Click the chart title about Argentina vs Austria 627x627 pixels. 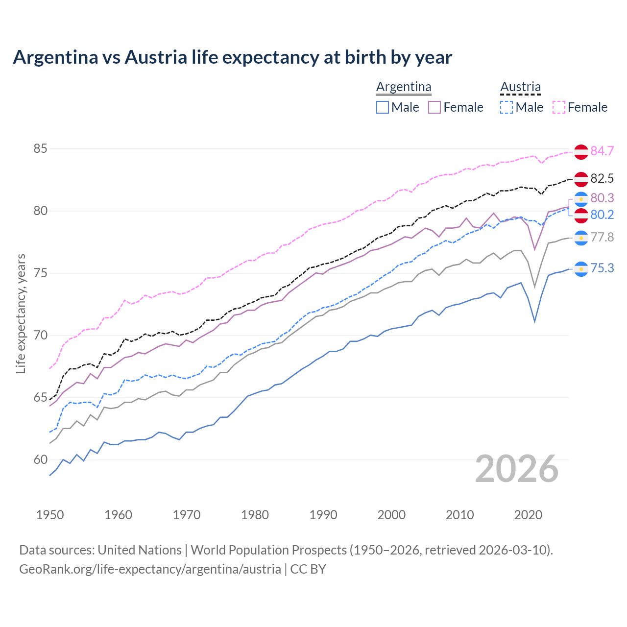[x=232, y=57]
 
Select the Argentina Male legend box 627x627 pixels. [x=383, y=107]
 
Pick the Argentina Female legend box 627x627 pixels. [x=434, y=107]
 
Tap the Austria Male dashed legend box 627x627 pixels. [x=506, y=107]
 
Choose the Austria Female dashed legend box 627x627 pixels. [x=559, y=107]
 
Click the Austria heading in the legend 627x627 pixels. [x=520, y=87]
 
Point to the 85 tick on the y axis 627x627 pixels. [x=40, y=148]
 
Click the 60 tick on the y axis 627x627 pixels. [x=40, y=460]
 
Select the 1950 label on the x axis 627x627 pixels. [x=50, y=515]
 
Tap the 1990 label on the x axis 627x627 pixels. [x=323, y=515]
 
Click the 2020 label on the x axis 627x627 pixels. [x=528, y=515]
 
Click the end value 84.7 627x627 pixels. [x=602, y=151]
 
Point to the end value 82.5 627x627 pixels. [x=602, y=179]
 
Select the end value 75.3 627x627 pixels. [x=602, y=268]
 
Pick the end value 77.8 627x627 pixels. [x=602, y=238]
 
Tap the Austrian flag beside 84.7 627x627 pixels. [x=581, y=152]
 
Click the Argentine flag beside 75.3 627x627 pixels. [x=581, y=269]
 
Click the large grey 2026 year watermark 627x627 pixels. [x=516, y=469]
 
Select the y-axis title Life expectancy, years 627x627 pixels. [x=21, y=313]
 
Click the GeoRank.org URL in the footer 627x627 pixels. [x=150, y=569]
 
